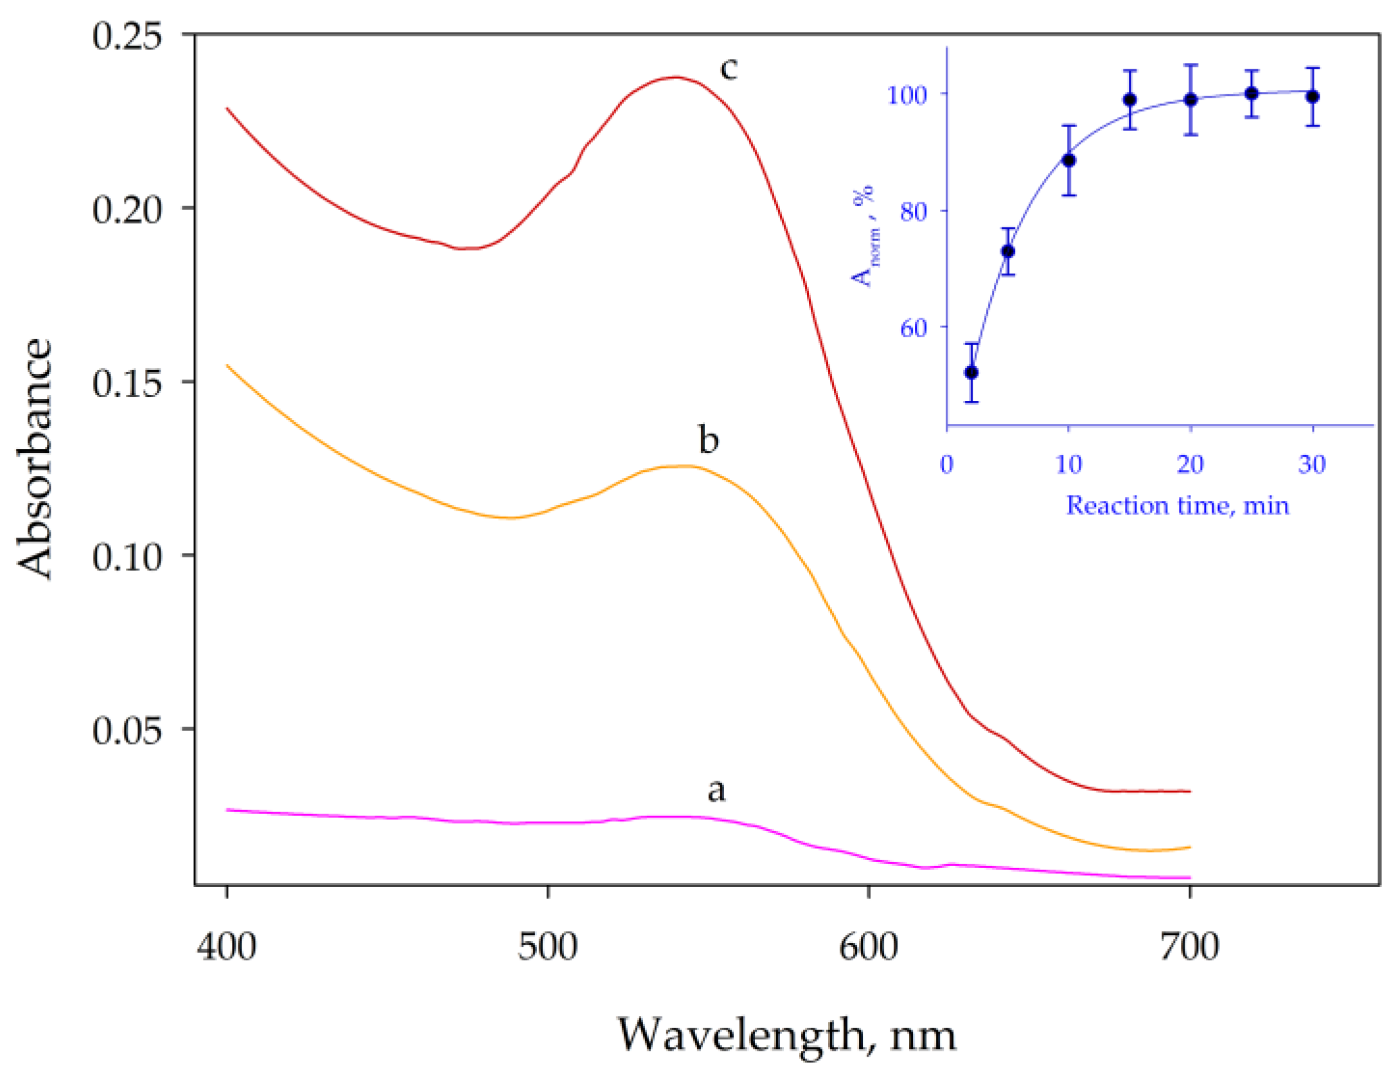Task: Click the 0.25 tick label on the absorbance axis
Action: (x=127, y=37)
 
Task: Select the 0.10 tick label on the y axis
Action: (x=127, y=557)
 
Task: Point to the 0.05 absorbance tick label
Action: (x=127, y=730)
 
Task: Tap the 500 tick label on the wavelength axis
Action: (x=547, y=947)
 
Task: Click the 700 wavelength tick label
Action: (x=1190, y=947)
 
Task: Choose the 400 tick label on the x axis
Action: (x=226, y=947)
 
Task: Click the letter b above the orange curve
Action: (x=709, y=440)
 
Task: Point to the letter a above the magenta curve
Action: (x=716, y=790)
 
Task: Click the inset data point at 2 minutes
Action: (x=971, y=373)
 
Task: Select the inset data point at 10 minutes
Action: (x=1069, y=160)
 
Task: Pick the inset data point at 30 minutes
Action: (x=1313, y=97)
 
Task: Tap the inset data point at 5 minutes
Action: (x=1008, y=251)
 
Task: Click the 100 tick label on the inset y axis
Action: (x=907, y=96)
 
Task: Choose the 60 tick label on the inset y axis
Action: (x=913, y=328)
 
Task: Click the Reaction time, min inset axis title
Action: (x=1178, y=506)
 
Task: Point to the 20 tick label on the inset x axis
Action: (x=1190, y=464)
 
